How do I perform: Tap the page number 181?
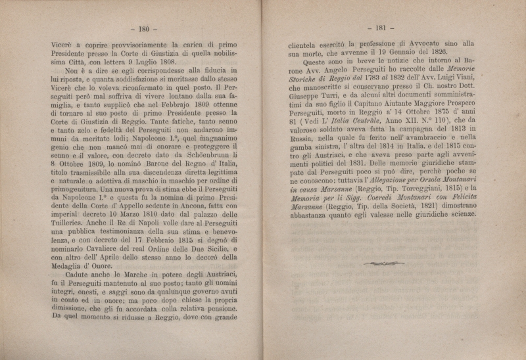pos(383,28)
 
